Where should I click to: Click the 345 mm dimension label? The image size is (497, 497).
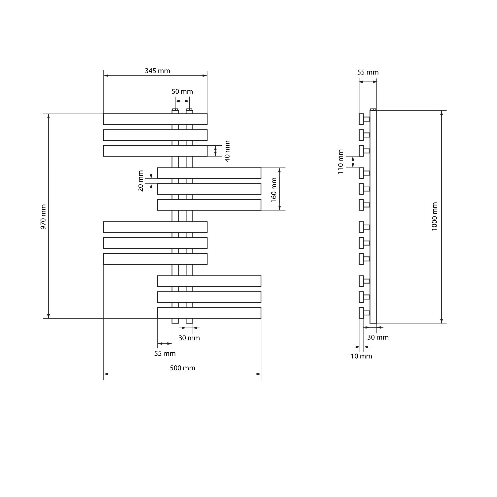(x=158, y=71)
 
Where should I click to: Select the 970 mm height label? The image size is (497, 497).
(x=43, y=217)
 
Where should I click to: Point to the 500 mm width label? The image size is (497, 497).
(x=182, y=368)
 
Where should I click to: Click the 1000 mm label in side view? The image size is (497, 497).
(x=434, y=216)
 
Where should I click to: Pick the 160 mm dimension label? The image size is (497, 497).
(x=274, y=190)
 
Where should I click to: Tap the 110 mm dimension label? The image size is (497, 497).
(x=341, y=162)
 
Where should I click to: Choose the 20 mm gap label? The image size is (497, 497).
(x=140, y=181)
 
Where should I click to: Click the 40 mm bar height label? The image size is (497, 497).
(x=227, y=151)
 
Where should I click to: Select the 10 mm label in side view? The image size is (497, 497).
(x=361, y=356)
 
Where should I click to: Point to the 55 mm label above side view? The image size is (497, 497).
(x=368, y=73)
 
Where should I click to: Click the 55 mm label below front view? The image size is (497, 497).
(x=165, y=354)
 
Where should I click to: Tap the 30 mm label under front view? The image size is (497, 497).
(x=189, y=338)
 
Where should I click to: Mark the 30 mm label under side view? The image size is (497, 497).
(x=378, y=337)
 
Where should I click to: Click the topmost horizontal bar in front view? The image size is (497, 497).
(x=155, y=119)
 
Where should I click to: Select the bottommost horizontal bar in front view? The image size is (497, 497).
(x=209, y=313)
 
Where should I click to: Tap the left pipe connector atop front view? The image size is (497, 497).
(x=175, y=111)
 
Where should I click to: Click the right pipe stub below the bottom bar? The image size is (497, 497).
(x=189, y=321)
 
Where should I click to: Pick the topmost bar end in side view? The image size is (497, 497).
(x=361, y=119)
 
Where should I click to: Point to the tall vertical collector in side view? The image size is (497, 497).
(x=373, y=217)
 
